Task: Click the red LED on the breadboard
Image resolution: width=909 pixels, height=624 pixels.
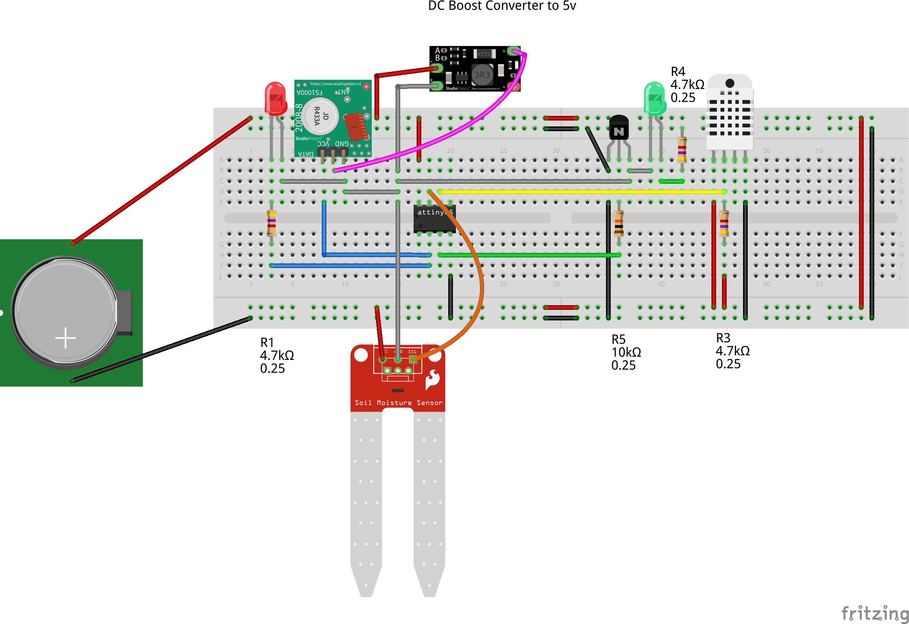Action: (275, 98)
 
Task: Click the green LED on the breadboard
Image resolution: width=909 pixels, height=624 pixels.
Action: (654, 98)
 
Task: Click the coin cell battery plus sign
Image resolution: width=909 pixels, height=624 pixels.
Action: (65, 338)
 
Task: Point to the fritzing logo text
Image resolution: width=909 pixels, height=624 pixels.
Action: (875, 613)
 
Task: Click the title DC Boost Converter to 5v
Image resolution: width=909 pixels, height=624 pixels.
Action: (502, 6)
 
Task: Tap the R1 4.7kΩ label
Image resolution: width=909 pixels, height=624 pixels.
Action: (277, 355)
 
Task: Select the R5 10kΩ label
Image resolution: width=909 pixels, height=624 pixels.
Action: (626, 352)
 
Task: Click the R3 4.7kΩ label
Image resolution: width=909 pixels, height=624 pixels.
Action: (732, 350)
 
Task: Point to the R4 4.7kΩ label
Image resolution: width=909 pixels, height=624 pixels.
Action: (687, 84)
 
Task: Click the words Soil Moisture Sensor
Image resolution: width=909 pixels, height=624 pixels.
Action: (399, 403)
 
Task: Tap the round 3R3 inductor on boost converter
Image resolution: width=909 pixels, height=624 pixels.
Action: (482, 75)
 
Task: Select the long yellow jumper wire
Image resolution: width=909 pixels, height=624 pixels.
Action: (579, 192)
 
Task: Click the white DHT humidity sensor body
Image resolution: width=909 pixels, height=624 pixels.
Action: (730, 114)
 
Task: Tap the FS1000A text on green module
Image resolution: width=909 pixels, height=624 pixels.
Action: (309, 92)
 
